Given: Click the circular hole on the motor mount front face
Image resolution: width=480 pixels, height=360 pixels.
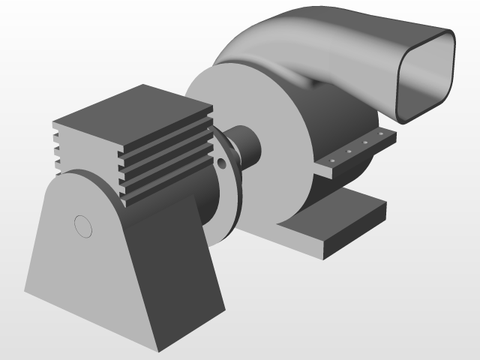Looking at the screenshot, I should pos(82,225).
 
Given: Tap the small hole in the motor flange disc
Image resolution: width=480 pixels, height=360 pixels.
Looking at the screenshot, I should pos(221,161).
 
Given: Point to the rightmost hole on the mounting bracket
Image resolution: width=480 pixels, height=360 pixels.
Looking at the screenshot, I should pos(381,135).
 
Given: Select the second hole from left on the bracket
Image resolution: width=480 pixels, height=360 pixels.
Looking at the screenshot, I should pos(349,152).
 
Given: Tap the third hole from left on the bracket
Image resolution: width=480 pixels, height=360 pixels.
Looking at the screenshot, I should pos(365,143).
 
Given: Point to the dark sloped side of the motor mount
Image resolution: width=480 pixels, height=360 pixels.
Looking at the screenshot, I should pos(172,270).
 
